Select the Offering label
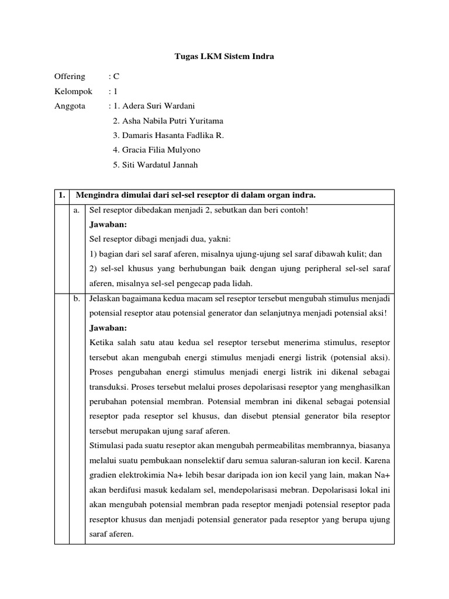pyautogui.click(x=70, y=76)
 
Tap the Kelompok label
pyautogui.click(x=73, y=91)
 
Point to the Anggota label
pyautogui.click(x=70, y=106)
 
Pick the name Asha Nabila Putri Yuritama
pyautogui.click(x=168, y=121)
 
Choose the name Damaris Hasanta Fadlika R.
pyautogui.click(x=168, y=135)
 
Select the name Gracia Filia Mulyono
pyautogui.click(x=157, y=150)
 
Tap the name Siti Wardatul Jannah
pyautogui.click(x=156, y=165)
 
